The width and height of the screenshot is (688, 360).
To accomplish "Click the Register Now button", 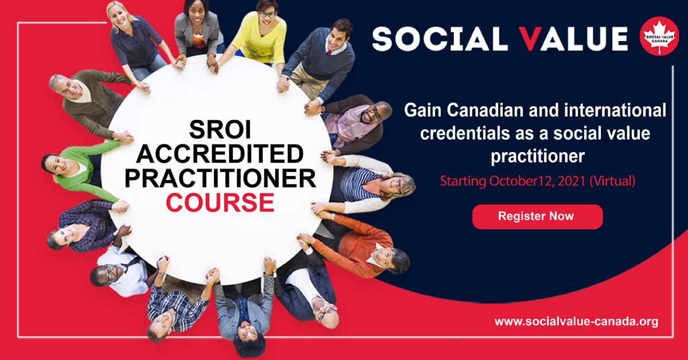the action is tap(538, 217).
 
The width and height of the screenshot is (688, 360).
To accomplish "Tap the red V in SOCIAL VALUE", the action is tap(531, 39).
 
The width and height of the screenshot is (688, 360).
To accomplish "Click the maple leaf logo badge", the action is tap(659, 36).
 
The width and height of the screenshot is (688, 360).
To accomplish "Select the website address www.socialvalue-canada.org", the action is tap(576, 322).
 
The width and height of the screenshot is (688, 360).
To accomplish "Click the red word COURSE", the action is tap(220, 202).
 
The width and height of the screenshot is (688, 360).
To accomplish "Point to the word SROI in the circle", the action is tap(220, 130).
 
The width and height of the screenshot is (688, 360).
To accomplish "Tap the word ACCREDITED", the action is tap(220, 154).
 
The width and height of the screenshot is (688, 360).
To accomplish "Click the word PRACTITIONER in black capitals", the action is tap(220, 178).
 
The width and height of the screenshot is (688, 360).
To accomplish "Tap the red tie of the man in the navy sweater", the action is tap(329, 53).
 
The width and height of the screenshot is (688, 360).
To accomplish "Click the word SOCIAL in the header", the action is tap(440, 39).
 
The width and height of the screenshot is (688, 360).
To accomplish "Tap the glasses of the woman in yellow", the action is tap(267, 14).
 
